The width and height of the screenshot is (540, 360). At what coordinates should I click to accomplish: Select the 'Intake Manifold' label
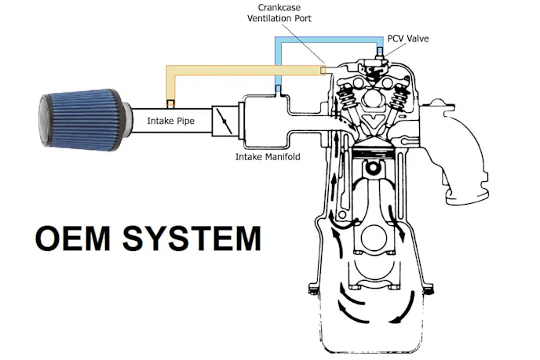pyautogui.click(x=267, y=157)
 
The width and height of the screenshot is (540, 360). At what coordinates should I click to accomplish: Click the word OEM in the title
pyautogui.click(x=75, y=238)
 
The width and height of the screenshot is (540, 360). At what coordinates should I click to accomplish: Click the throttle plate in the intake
pyautogui.click(x=226, y=122)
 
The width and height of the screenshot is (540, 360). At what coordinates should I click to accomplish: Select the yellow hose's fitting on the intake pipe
pyautogui.click(x=170, y=103)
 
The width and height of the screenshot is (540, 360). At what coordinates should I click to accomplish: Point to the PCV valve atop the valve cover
pyautogui.click(x=378, y=55)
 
